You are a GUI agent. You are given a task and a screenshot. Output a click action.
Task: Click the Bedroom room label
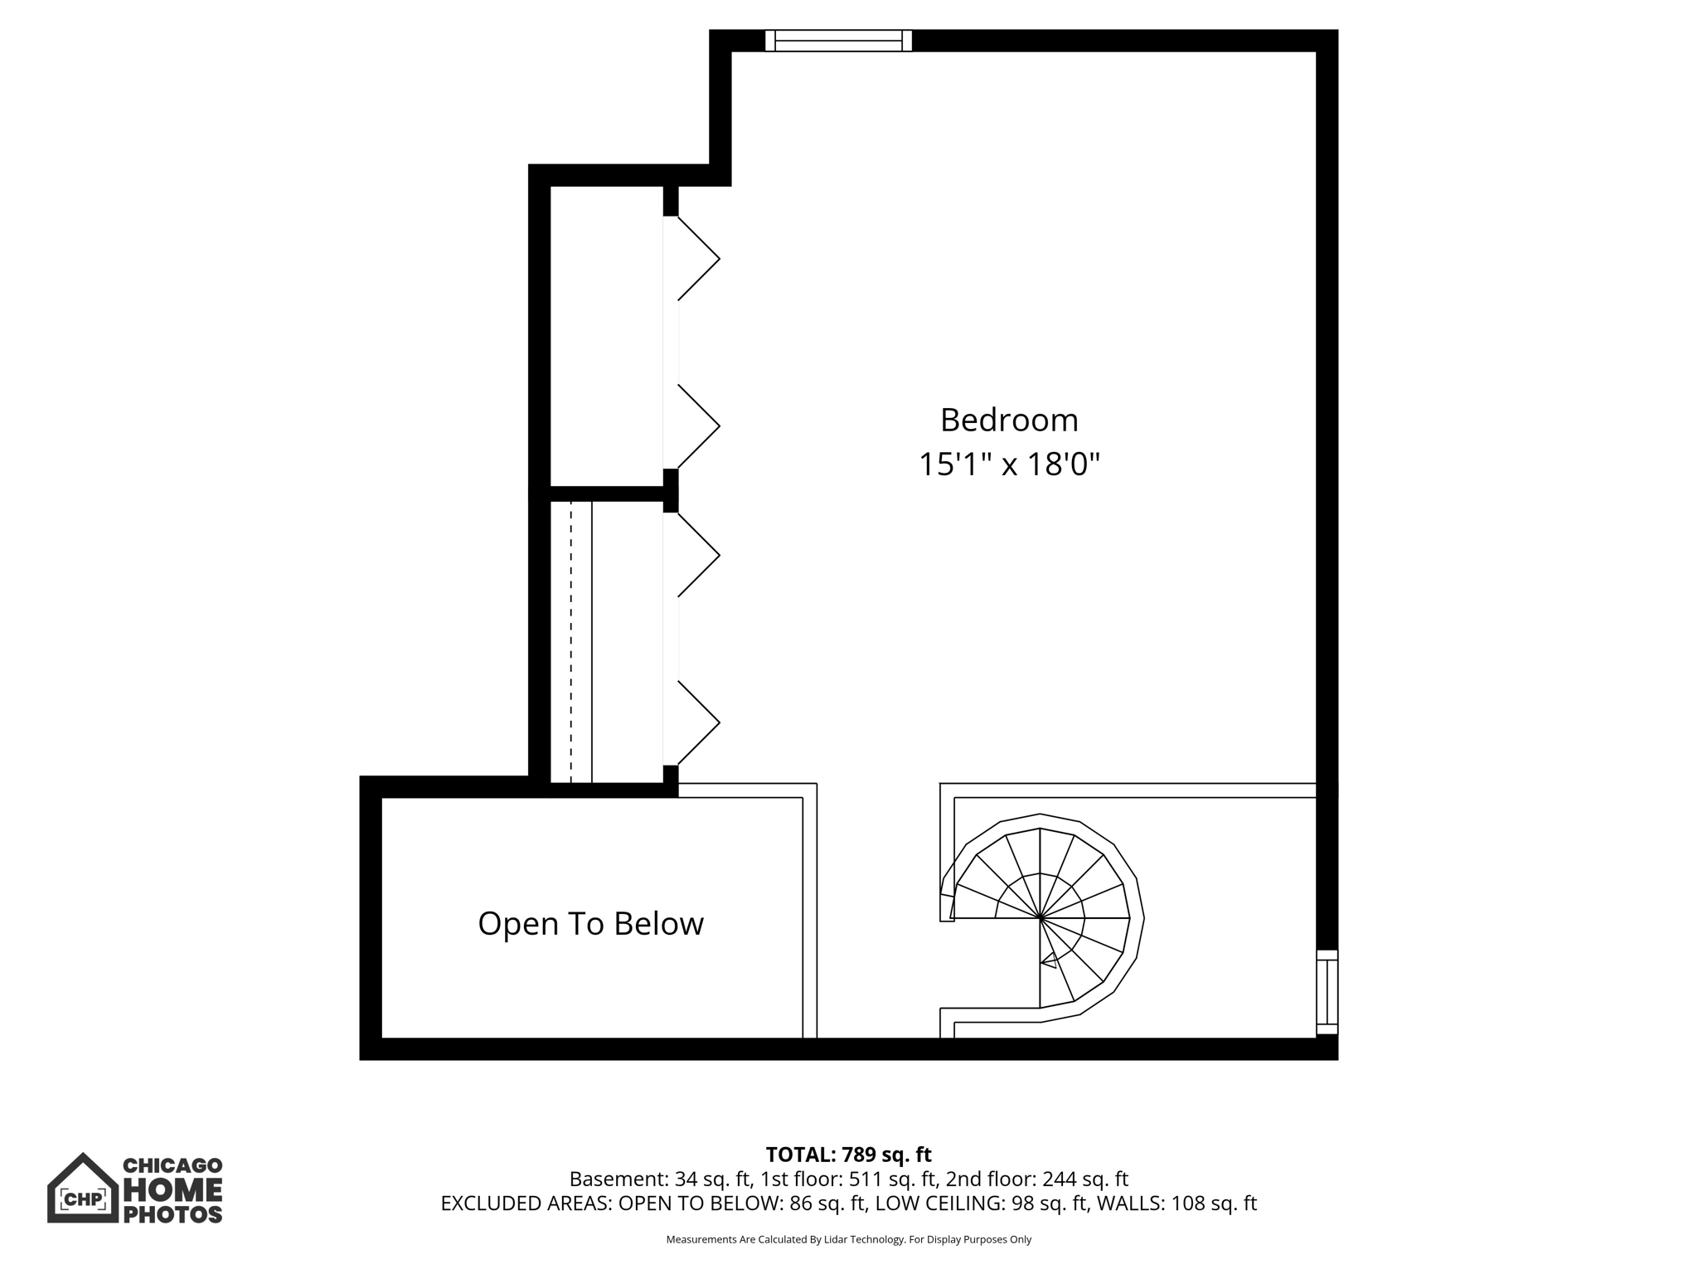(1008, 421)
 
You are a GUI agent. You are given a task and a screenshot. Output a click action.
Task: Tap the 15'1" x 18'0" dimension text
(1008, 464)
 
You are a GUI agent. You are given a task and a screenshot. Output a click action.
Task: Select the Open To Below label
(590, 924)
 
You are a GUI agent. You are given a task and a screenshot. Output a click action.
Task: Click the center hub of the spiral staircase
(1041, 918)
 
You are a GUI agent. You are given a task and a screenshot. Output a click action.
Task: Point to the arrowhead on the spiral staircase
(1049, 960)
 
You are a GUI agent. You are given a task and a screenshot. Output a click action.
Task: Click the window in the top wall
(838, 41)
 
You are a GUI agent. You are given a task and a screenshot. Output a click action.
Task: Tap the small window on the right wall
(1327, 992)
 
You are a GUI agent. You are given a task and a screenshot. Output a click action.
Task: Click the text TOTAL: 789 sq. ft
(848, 1155)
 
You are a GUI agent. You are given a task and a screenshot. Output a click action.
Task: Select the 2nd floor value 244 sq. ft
(1084, 1179)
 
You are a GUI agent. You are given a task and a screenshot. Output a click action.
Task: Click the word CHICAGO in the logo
(172, 1165)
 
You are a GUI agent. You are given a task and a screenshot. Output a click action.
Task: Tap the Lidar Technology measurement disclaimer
(848, 1239)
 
